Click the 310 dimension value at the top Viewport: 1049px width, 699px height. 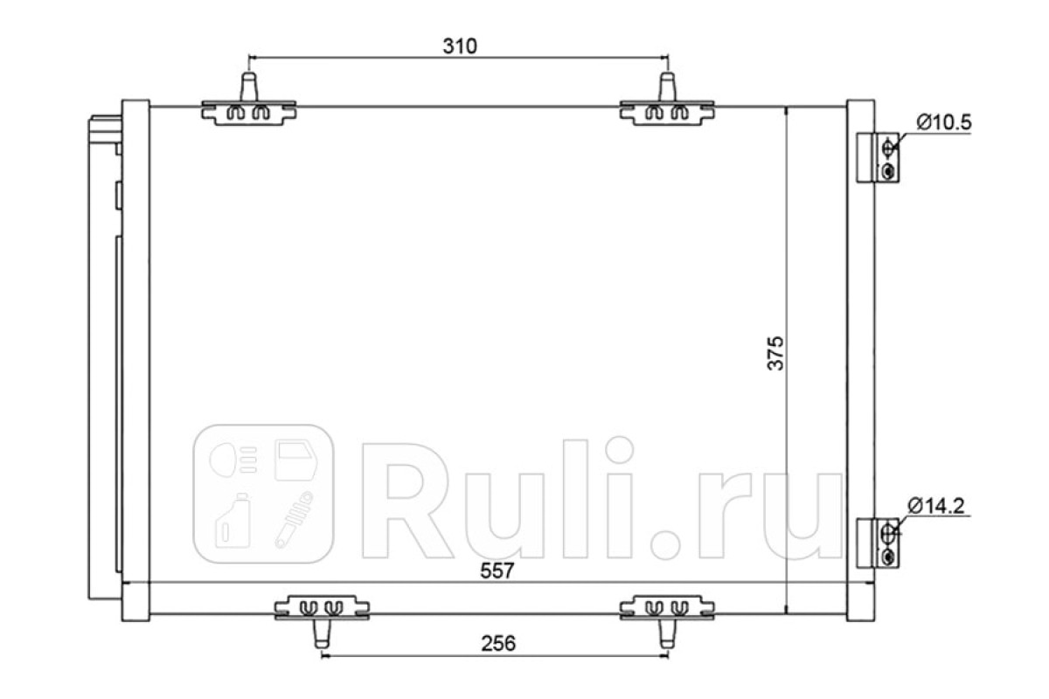tap(460, 46)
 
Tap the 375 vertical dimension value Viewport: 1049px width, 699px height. tap(775, 353)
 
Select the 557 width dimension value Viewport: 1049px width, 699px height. tap(497, 571)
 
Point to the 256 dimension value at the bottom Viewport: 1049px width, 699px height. tap(498, 643)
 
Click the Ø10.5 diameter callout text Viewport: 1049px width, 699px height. tap(944, 122)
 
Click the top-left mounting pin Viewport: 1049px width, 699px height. tap(248, 87)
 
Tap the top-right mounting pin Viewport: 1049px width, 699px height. tap(667, 87)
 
